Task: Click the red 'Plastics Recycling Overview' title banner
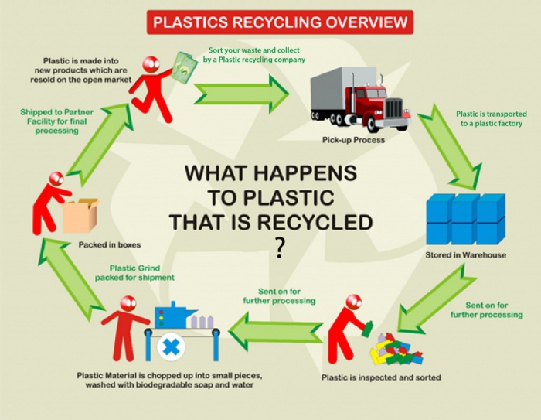[x=280, y=21]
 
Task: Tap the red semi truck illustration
[x=359, y=99]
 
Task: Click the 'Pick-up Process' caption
[x=353, y=140]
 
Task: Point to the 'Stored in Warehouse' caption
[x=465, y=255]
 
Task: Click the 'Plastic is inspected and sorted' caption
[x=381, y=377]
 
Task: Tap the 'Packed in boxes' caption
[x=110, y=245]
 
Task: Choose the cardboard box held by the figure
[x=80, y=216]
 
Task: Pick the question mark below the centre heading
[x=279, y=248]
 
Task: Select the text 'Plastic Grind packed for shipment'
[x=136, y=272]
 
